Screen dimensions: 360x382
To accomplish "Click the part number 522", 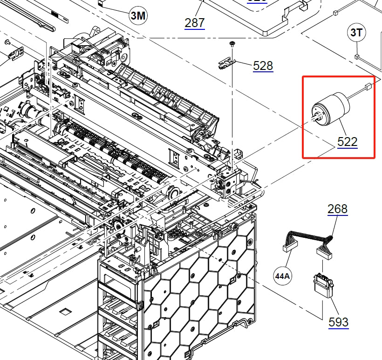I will click(x=348, y=141).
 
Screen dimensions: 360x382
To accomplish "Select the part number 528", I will click(x=263, y=66).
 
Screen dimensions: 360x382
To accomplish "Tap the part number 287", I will click(x=194, y=22).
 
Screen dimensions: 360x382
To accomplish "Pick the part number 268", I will click(x=337, y=208).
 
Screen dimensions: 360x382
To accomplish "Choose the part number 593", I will click(x=338, y=322).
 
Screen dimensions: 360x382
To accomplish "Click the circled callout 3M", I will click(x=138, y=16).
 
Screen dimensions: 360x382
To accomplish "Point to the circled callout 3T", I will click(x=357, y=33).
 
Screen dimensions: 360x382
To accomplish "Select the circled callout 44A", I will click(x=282, y=276).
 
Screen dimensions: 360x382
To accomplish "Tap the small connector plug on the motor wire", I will click(x=368, y=87).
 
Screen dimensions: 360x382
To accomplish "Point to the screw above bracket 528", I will click(x=231, y=44).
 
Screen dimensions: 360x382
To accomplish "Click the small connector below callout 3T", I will click(x=357, y=57).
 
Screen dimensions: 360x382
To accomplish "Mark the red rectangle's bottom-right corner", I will click(x=375, y=158).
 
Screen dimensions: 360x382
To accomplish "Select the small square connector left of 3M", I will click(x=101, y=2).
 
